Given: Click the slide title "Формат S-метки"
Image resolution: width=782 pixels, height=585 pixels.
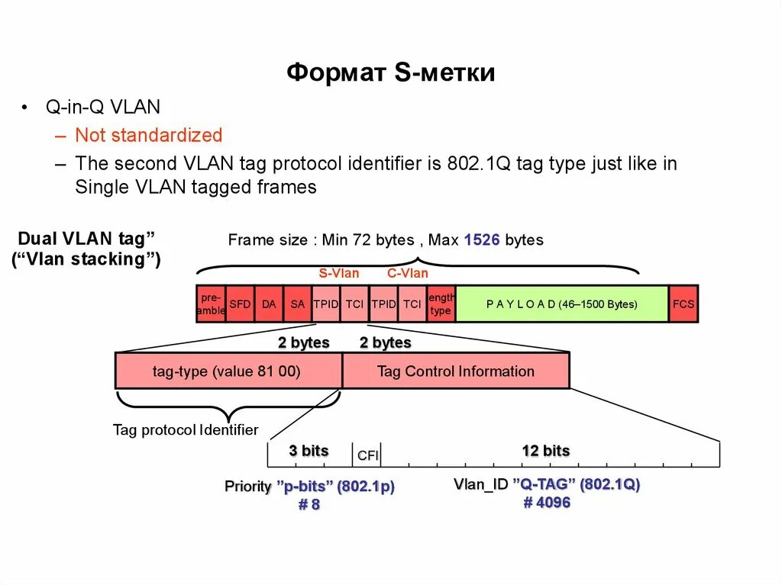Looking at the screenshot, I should click(391, 73).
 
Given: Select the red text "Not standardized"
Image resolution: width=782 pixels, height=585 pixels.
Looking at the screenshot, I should click(148, 136).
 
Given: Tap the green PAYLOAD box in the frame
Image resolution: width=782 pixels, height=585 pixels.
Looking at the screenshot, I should click(561, 304).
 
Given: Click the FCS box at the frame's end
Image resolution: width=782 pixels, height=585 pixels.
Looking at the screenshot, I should click(683, 304).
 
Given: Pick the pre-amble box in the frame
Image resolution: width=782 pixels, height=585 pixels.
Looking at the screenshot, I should click(211, 304).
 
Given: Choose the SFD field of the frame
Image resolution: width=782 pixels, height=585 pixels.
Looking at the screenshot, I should click(240, 304).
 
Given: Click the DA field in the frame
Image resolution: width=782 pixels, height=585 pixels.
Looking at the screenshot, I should click(269, 304).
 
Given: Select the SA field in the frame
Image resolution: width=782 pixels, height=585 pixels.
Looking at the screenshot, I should click(298, 304).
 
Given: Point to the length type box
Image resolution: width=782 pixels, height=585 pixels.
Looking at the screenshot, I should click(441, 304).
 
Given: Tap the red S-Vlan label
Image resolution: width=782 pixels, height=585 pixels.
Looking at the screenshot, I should click(339, 274).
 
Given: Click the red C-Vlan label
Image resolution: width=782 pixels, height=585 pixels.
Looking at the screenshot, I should click(407, 274).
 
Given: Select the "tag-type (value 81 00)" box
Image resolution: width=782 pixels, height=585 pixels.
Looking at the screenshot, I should click(227, 372).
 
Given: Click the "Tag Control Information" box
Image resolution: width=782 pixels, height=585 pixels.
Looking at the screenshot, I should click(455, 372).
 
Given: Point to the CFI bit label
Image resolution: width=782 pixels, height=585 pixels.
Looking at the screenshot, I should click(367, 456).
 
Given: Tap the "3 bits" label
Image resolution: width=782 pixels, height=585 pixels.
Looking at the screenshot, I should click(309, 451).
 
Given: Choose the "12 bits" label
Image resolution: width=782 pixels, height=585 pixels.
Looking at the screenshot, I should click(545, 451).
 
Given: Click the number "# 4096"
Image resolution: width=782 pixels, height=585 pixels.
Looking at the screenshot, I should click(547, 503).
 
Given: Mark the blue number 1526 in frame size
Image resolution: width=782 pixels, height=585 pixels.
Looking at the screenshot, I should click(482, 240).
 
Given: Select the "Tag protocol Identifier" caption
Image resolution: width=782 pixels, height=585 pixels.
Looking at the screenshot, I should click(186, 430).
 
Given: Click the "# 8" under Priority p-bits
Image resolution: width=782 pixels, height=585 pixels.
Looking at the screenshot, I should click(309, 505).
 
